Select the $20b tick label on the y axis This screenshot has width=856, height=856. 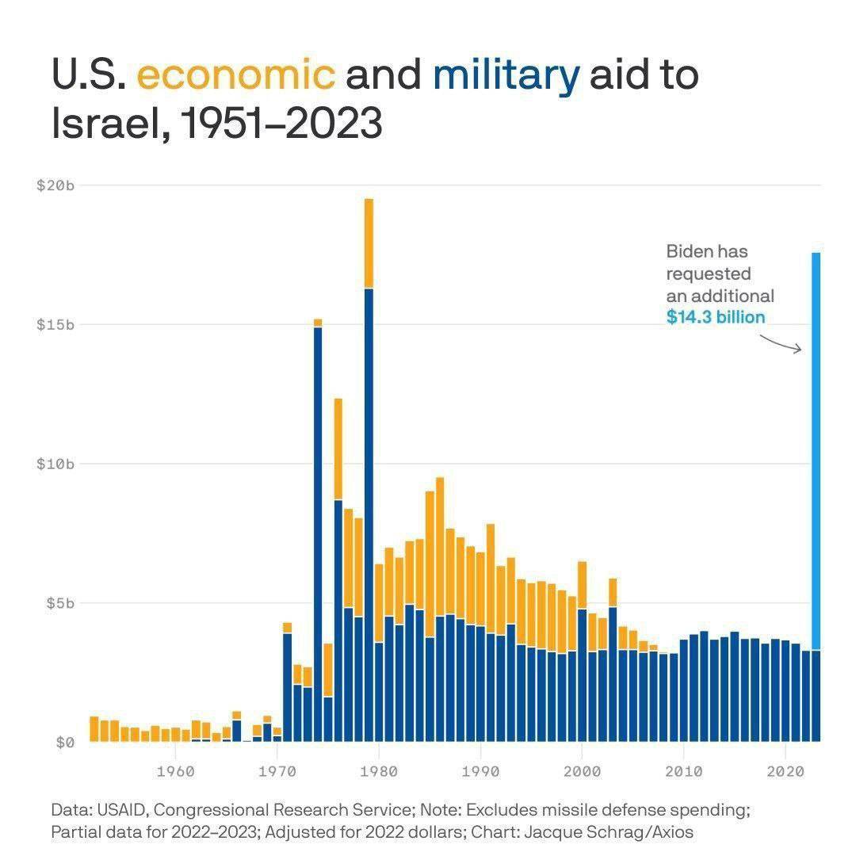coord(55,185)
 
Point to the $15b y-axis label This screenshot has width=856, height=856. coord(55,325)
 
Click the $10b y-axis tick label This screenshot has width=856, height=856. coord(55,464)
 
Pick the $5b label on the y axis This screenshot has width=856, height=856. coord(59,603)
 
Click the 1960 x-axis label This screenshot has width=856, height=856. coord(176,770)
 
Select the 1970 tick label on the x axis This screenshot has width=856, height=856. coord(277,770)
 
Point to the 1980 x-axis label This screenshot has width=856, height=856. coord(379,770)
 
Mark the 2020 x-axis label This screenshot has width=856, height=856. coord(785,770)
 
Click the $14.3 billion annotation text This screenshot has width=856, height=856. coord(715,318)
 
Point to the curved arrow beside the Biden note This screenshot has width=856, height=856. coord(781,344)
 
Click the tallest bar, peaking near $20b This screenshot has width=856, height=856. coord(369,476)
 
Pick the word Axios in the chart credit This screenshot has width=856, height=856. coord(674,833)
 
